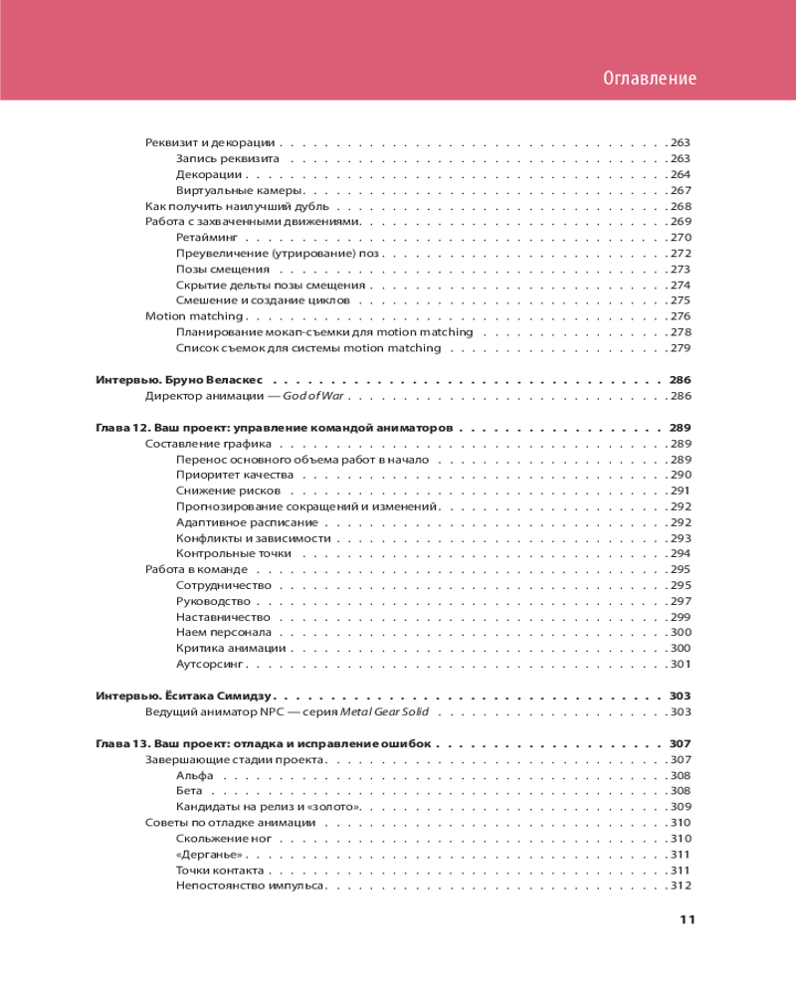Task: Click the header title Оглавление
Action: point(650,79)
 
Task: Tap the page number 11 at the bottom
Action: point(687,918)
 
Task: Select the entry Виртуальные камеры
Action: point(239,190)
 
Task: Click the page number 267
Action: point(681,190)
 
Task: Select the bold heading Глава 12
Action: point(121,427)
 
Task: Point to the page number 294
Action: point(681,553)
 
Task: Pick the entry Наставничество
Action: point(223,617)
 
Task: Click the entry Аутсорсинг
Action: point(210,664)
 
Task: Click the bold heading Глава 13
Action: point(121,743)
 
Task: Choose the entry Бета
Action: point(189,790)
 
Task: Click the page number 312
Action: point(681,886)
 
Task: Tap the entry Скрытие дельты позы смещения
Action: point(255,285)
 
